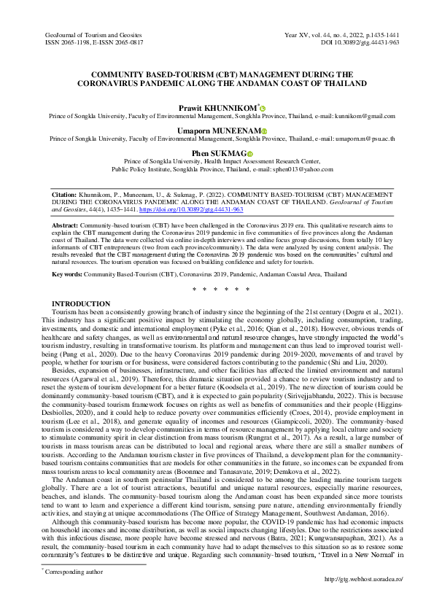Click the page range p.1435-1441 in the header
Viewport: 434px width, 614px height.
pos(378,35)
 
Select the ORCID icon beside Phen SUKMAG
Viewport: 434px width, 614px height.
pos(249,152)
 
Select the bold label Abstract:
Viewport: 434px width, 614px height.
pos(68,227)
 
